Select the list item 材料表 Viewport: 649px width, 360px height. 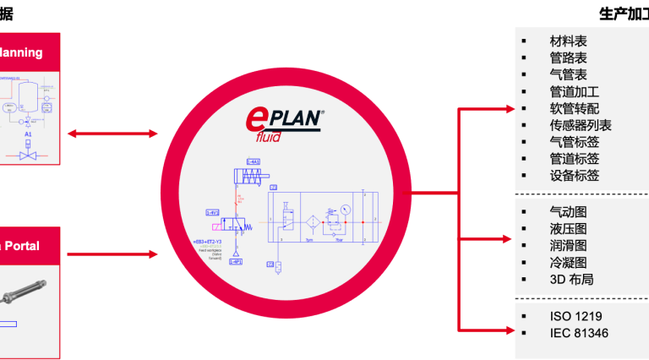(x=568, y=41)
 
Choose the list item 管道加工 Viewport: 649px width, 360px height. (x=574, y=91)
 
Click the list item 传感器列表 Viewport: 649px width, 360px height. (x=580, y=125)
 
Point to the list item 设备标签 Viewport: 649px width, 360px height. (x=574, y=176)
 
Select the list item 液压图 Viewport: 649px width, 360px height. (x=568, y=228)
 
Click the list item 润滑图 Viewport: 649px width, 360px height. (x=568, y=245)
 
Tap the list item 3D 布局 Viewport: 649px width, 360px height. (x=572, y=279)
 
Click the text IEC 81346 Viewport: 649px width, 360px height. (x=579, y=333)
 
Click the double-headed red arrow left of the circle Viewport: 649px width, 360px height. (x=112, y=134)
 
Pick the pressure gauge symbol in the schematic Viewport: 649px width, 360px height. (x=344, y=209)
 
